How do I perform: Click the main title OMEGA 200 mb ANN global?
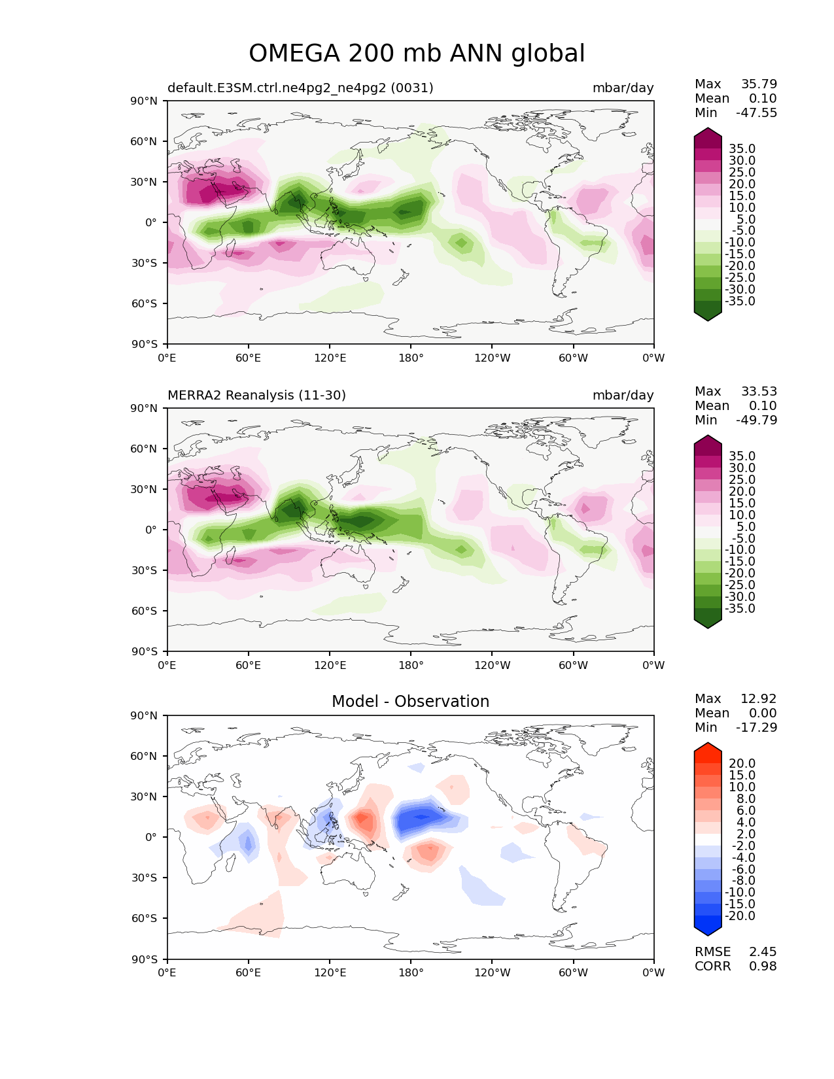click(417, 53)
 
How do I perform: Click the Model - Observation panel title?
click(410, 701)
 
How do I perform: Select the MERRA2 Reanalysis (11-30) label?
click(256, 395)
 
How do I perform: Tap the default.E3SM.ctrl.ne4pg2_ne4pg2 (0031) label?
click(300, 88)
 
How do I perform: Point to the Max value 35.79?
click(759, 84)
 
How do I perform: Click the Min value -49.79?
click(757, 420)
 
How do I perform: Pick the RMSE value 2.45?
click(763, 952)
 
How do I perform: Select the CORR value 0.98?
click(763, 967)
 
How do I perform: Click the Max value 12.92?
click(759, 698)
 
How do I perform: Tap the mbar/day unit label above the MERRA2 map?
click(623, 395)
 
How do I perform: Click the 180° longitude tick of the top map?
click(411, 358)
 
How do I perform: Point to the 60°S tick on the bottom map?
click(144, 918)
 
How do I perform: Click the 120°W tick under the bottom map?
click(492, 973)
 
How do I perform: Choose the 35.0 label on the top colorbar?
click(742, 148)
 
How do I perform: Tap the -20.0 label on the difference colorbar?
click(740, 916)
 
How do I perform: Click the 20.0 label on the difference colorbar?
click(742, 763)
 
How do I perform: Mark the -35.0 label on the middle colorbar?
click(740, 608)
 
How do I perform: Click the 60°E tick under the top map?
click(248, 358)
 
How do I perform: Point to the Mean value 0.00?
click(763, 713)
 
